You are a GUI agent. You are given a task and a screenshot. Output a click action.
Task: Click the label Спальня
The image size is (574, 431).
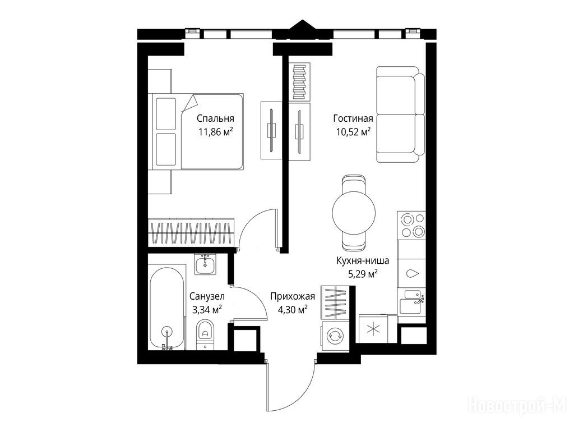coord(215,119)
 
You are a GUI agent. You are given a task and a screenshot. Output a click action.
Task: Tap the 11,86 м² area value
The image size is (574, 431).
coord(215,132)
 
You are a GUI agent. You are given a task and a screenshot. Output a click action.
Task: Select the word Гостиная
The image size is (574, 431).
coord(353,118)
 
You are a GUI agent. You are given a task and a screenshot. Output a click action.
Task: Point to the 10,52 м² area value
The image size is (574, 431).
coord(353,131)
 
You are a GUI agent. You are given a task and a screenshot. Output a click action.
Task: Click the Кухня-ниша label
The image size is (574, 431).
coord(363,261)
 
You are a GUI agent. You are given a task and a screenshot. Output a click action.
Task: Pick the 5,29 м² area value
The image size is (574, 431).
coord(363,274)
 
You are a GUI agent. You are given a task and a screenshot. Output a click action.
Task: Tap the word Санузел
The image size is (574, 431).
coord(207,296)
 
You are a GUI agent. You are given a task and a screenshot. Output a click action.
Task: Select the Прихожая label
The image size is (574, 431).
coord(293,296)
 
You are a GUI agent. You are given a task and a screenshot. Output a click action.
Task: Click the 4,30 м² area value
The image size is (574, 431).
coord(293,310)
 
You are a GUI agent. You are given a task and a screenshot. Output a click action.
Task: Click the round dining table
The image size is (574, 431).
coord(354,212)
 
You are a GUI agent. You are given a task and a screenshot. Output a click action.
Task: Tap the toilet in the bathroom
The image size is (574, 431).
coord(205,334)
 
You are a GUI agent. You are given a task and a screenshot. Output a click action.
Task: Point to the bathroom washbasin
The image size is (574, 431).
coord(205,264)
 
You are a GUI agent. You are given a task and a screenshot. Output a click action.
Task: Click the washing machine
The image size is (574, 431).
coord(334,336)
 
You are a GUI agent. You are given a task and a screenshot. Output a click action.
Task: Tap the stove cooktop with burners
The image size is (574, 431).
coord(411,226)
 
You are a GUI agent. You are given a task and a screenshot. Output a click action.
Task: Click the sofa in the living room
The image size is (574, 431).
coord(400,114)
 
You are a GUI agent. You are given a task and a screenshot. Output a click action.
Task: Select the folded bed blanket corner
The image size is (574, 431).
coord(190,103)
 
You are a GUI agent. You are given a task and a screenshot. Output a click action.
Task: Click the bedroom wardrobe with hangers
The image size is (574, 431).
coord(191,233)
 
